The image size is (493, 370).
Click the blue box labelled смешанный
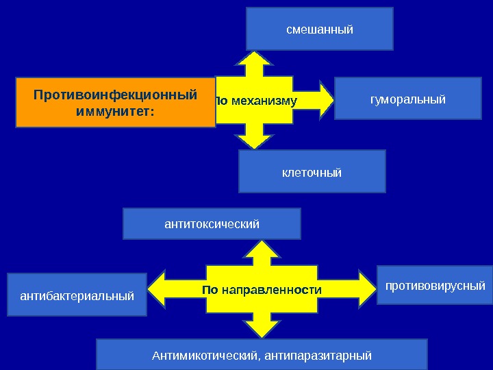pos(320,29)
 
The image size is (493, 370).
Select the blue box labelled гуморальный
pos(407,99)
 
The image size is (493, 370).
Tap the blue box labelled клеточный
pos(312,171)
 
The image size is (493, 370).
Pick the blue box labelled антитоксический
pos(212,224)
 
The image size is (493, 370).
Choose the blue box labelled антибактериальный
pos(77,296)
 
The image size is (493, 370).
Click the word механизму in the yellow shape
pos(264,101)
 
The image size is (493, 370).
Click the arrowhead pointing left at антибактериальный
pos(157,289)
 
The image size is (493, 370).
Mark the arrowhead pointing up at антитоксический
pos(254,247)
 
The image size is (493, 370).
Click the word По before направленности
pos(210,290)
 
